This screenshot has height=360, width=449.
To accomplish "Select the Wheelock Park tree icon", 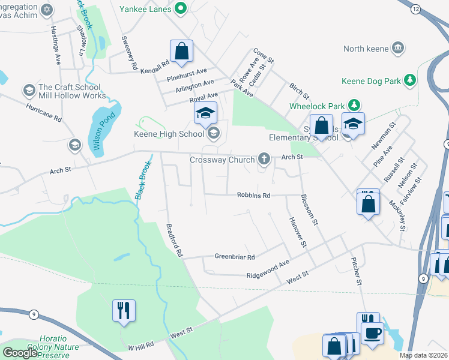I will click(x=354, y=105).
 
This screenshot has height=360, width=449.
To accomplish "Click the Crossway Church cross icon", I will click(x=263, y=159).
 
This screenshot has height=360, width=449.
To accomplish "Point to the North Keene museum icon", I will click(x=397, y=48).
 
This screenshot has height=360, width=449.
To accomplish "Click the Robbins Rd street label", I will click(x=254, y=195).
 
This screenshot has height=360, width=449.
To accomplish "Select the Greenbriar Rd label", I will click(x=235, y=257).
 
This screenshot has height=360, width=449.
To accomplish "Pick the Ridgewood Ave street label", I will click(x=268, y=268).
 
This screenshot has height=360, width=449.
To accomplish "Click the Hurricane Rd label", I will click(x=44, y=112).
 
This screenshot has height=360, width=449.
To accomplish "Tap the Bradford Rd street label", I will click(x=174, y=241).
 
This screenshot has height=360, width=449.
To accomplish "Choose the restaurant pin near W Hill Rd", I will click(x=124, y=311).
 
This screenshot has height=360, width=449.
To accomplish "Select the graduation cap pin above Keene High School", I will click(x=205, y=113).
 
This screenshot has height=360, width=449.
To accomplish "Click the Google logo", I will click(x=20, y=353).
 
